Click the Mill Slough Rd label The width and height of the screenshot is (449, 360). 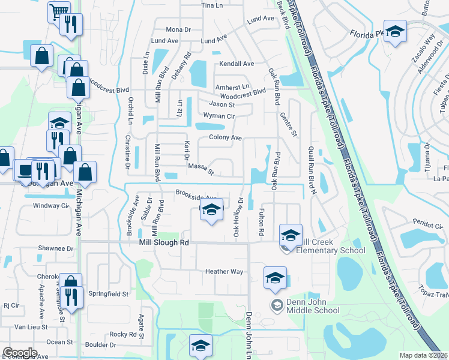[164, 242]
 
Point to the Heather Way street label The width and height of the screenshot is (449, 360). [224, 272]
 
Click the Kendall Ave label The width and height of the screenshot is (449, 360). [237, 64]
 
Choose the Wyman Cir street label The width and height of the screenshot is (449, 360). [218, 116]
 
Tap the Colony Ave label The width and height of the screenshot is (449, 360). [225, 138]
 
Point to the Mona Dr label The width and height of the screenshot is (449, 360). [178, 29]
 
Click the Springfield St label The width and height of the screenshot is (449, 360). [109, 295]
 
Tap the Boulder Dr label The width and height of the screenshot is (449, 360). [100, 345]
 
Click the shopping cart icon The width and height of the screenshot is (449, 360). [59, 12]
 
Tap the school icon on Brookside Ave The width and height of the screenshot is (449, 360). [211, 210]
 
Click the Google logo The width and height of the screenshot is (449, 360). [20, 353]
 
